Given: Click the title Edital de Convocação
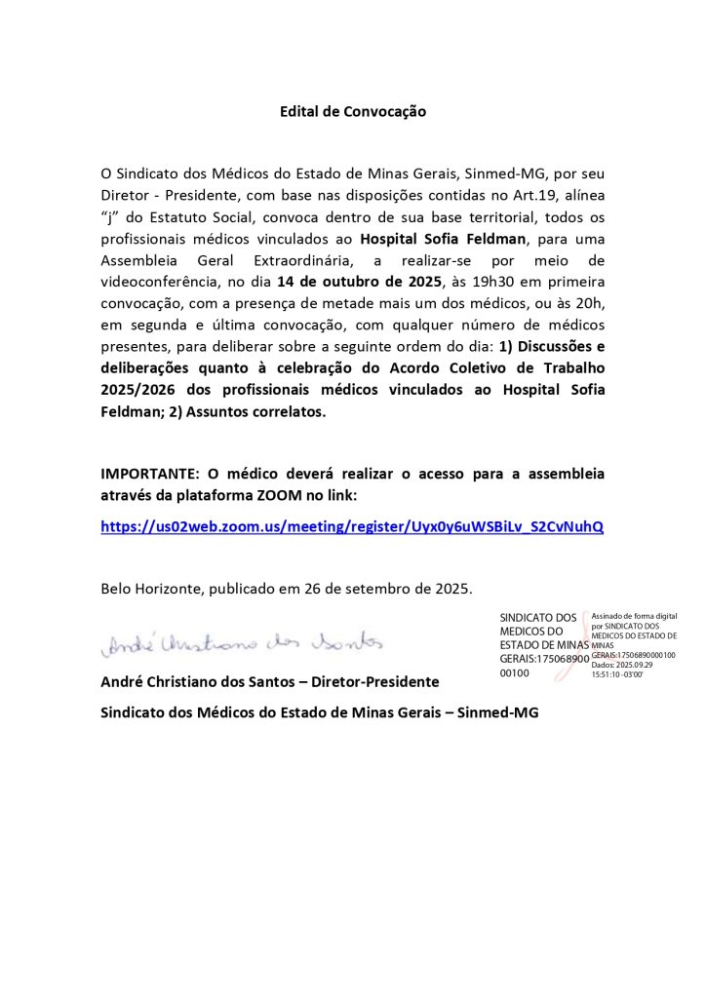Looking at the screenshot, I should tap(353, 112).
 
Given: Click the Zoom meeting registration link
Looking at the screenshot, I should tap(352, 526).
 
